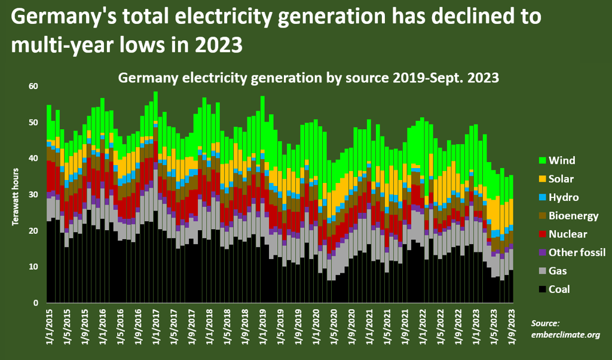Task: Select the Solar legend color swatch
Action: point(543,179)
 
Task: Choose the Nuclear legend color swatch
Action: point(543,234)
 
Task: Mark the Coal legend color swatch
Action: point(543,289)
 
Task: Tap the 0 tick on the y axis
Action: point(35,303)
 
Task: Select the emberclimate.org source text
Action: point(565,335)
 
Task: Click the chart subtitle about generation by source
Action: point(308,78)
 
